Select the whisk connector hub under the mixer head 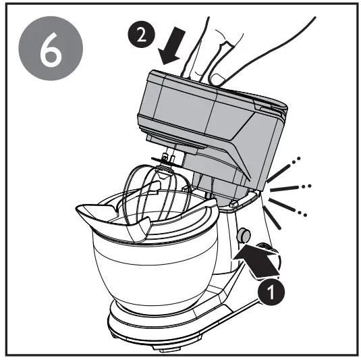coord(168,158)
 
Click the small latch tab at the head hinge coord(233,201)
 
